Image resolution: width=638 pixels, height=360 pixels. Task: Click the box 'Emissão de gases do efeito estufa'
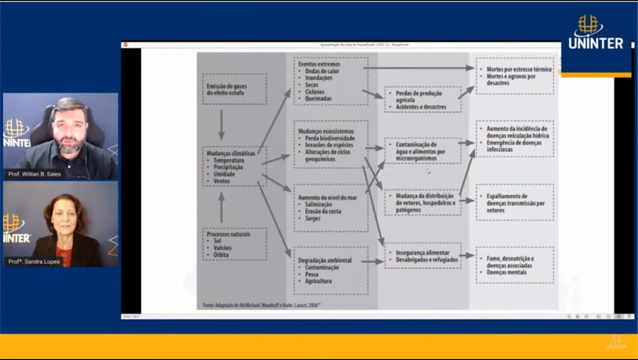pyautogui.click(x=234, y=90)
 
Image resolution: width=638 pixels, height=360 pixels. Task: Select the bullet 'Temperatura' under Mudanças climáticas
pyautogui.click(x=228, y=160)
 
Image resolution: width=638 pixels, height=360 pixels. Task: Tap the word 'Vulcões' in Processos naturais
pyautogui.click(x=222, y=248)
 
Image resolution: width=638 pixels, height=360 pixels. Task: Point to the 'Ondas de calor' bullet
pyautogui.click(x=322, y=71)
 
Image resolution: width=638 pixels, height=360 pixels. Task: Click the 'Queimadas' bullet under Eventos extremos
pyautogui.click(x=318, y=98)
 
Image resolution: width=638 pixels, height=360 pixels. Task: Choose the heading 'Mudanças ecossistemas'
pyautogui.click(x=326, y=131)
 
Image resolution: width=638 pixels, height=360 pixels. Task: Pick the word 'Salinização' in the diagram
pyautogui.click(x=318, y=204)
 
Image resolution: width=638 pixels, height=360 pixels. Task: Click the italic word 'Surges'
pyautogui.click(x=313, y=218)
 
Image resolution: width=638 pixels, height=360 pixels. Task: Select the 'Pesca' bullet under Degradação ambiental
pyautogui.click(x=311, y=274)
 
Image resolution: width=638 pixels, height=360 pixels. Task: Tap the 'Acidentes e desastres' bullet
pyautogui.click(x=421, y=107)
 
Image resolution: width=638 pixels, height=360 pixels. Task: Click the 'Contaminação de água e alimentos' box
pyautogui.click(x=423, y=151)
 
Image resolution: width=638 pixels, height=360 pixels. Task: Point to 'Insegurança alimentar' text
pyautogui.click(x=422, y=253)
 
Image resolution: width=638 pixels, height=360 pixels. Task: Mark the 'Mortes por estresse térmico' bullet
pyautogui.click(x=519, y=69)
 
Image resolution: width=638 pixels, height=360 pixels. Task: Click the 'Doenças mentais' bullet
pyautogui.click(x=507, y=272)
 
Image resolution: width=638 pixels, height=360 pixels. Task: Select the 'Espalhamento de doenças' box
pyautogui.click(x=515, y=203)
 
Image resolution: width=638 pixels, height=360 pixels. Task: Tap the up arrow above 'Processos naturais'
pyautogui.click(x=221, y=207)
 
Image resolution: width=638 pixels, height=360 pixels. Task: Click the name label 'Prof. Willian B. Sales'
pyautogui.click(x=34, y=174)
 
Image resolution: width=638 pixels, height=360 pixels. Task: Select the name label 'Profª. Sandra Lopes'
pyautogui.click(x=34, y=262)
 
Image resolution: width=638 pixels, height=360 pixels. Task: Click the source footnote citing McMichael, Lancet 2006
pyautogui.click(x=261, y=305)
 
